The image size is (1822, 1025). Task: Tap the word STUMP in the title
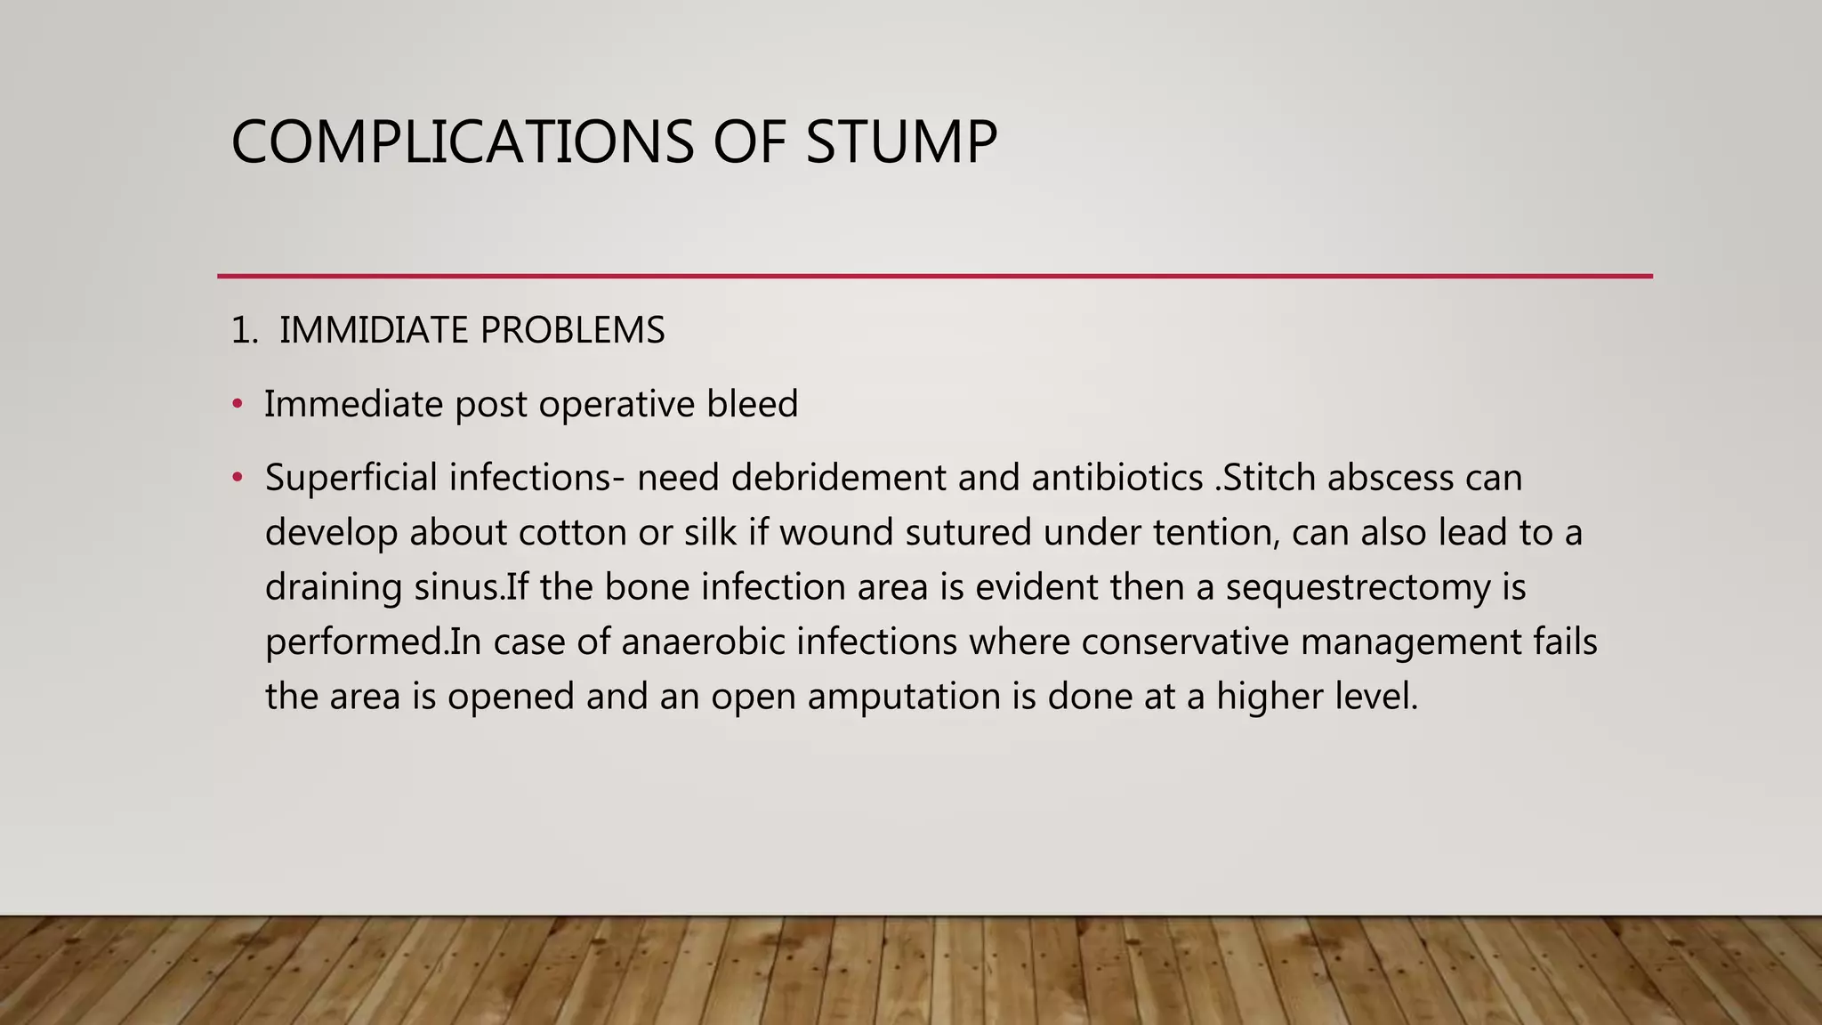click(x=901, y=142)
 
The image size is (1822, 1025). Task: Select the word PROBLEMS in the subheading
click(x=572, y=330)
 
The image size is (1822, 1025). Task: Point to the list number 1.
click(x=242, y=330)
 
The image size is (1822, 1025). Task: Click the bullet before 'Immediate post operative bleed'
click(x=237, y=404)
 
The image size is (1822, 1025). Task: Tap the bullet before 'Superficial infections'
click(x=237, y=478)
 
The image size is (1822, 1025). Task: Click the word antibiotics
click(x=1117, y=478)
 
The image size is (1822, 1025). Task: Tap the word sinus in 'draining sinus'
click(x=458, y=588)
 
